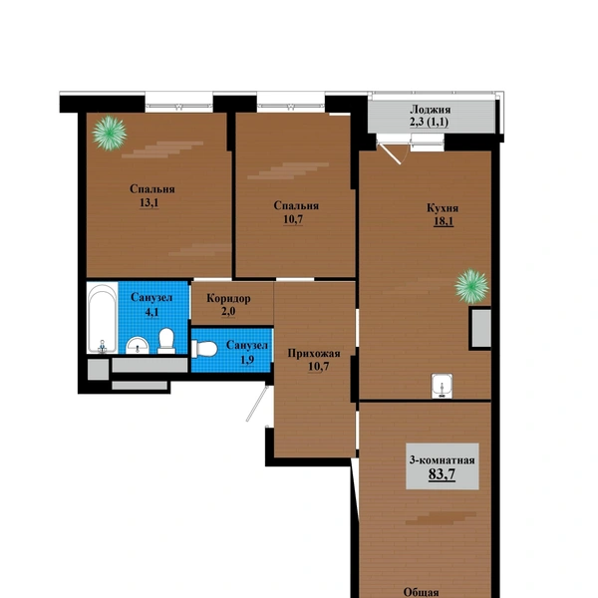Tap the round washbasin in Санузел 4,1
(138, 345)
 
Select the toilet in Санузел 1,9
(204, 349)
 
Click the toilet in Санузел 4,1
(166, 341)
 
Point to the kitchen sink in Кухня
(442, 386)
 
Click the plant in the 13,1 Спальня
(110, 133)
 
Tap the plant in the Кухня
(471, 286)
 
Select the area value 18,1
(444, 221)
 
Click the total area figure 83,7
(442, 474)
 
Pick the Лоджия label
(430, 110)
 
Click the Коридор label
(228, 298)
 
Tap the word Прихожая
(314, 353)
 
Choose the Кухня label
(443, 208)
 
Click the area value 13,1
(149, 202)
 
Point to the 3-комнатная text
(442, 459)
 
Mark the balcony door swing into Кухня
(390, 152)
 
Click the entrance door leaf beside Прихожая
(257, 404)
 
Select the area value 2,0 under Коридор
(228, 311)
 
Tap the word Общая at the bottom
(421, 592)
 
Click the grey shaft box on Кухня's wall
(481, 328)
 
